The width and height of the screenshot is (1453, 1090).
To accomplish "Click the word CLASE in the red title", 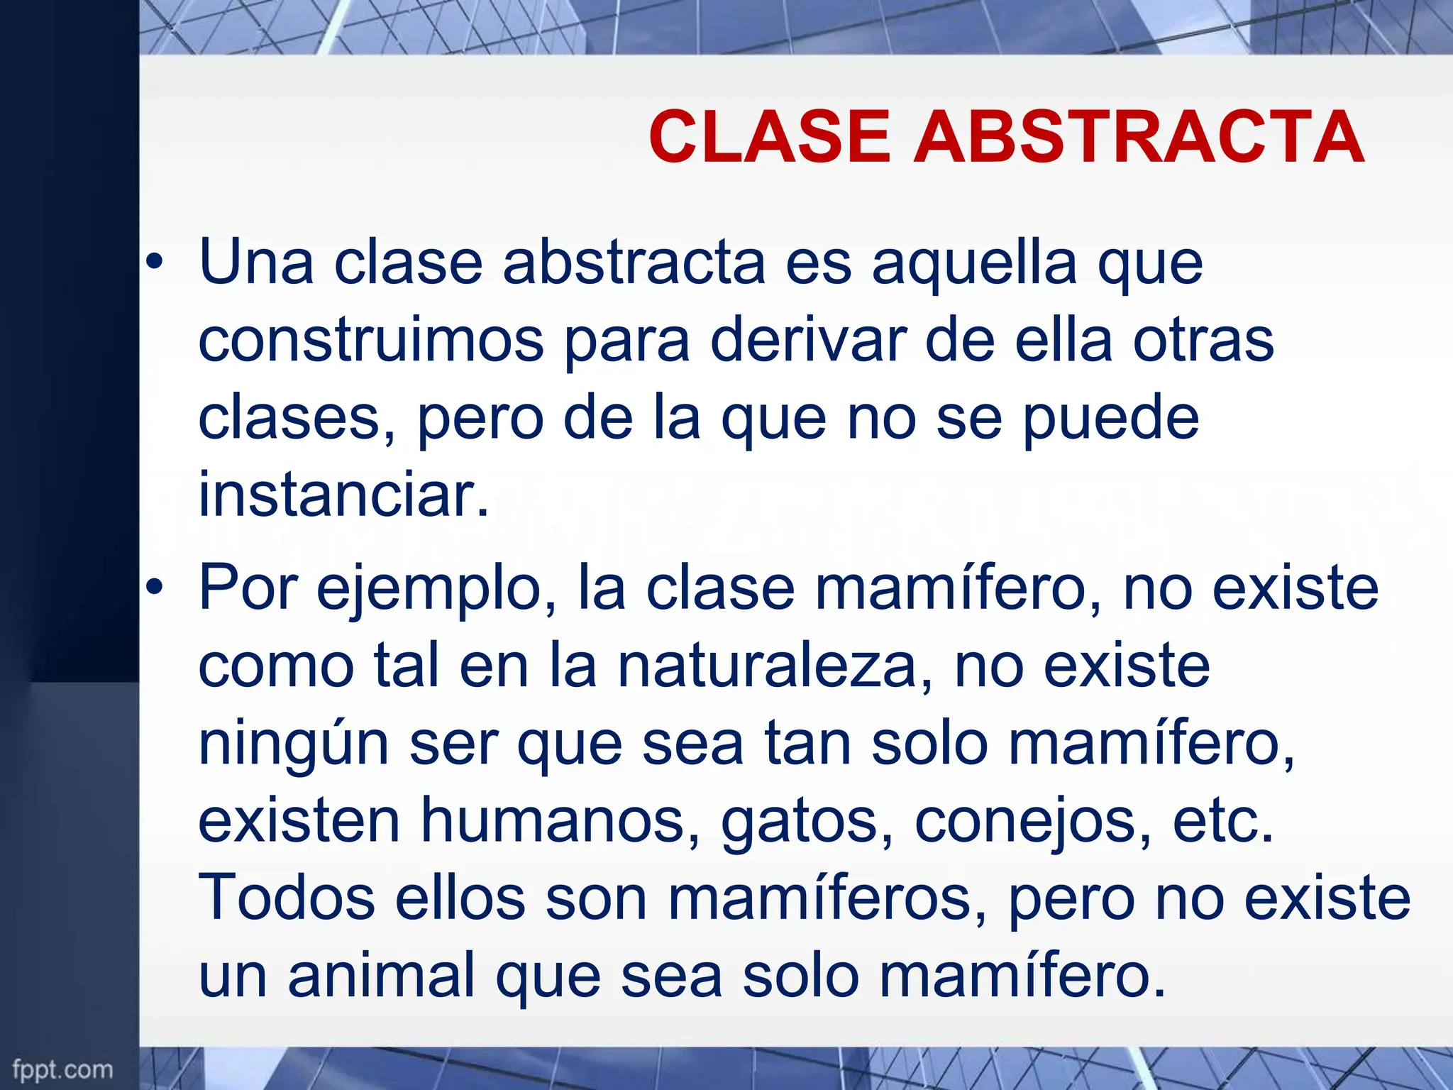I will pos(769,137).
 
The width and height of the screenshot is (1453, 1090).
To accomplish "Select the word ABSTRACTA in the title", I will pos(1138,137).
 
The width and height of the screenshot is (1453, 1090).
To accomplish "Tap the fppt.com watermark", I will pos(62,1069).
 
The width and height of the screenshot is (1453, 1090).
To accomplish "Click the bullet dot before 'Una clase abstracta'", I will pos(154,264).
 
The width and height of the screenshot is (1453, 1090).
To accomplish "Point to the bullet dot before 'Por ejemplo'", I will pos(154,588).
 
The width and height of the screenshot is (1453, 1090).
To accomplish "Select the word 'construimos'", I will pos(370,341).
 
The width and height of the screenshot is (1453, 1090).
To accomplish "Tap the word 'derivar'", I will pos(808,341).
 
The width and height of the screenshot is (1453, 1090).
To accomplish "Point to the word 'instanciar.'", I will pos(343,495).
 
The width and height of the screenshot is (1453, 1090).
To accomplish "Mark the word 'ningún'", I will pos(293,745).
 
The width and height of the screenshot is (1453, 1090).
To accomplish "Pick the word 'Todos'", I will pos(286,898).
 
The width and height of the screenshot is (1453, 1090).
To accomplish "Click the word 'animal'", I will pos(381,976).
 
